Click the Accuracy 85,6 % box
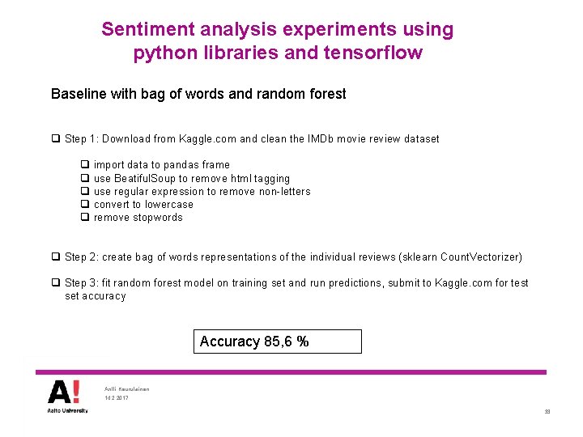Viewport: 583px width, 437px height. pos(278,342)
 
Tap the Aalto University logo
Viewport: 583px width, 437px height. pos(64,397)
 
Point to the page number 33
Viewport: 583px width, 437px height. pos(547,412)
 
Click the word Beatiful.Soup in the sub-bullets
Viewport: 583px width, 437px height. pos(145,178)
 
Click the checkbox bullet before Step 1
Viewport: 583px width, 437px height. pos(56,139)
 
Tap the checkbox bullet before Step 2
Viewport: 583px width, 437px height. pos(56,257)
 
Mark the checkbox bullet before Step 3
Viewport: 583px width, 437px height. pos(56,283)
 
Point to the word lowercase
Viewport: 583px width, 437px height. pos(169,205)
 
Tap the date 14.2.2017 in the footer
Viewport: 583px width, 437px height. pos(116,398)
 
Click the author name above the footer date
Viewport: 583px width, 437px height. pos(127,388)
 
